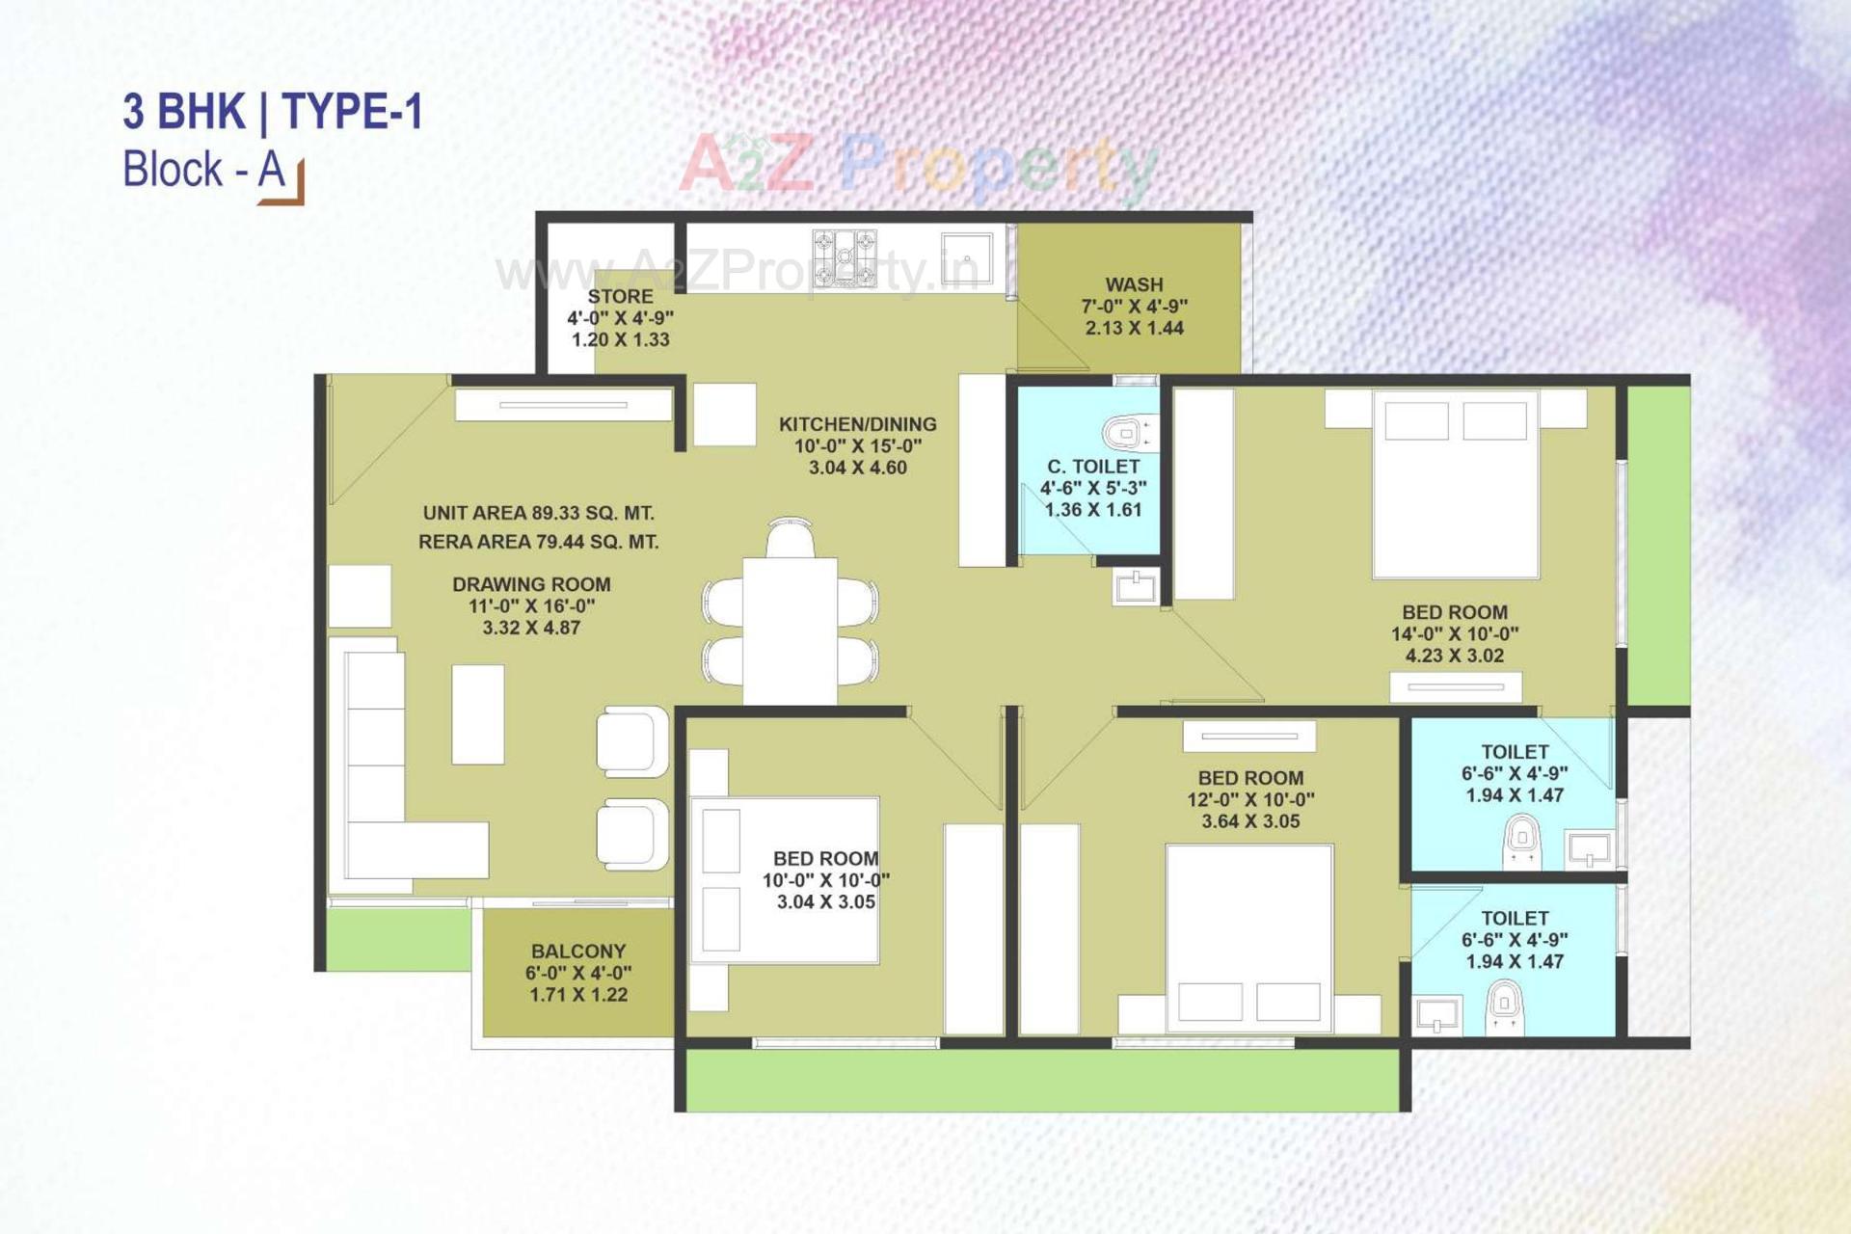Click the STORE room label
pos(620,297)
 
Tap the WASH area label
pos(1134,285)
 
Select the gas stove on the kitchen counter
pos(845,258)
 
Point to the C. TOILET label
pos(1093,467)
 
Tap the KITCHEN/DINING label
pos(857,424)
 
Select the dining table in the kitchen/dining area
pos(790,630)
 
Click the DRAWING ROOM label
pos(531,584)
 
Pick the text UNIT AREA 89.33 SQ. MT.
pos(538,513)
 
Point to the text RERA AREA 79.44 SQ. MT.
pos(538,542)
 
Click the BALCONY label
pos(577,952)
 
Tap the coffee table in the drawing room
pos(478,714)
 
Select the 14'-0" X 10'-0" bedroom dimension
pos(1454,634)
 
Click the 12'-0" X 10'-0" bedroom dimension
pos(1250,800)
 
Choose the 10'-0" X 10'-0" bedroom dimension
pos(825,880)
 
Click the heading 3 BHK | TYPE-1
pos(273,112)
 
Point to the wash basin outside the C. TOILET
pos(1135,586)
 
